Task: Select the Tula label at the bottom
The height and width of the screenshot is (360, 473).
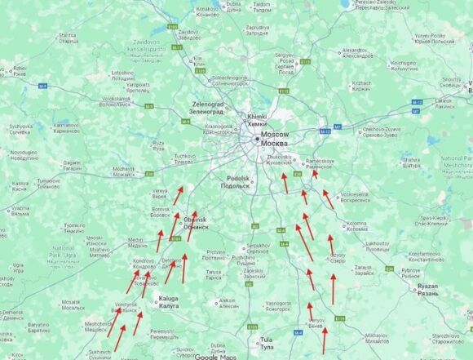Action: [265, 340]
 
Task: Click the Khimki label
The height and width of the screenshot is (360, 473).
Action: [257, 118]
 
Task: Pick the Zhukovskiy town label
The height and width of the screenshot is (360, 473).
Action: [280, 158]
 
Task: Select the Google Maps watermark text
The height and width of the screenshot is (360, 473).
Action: [216, 356]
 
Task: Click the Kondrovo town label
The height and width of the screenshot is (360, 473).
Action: [144, 261]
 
